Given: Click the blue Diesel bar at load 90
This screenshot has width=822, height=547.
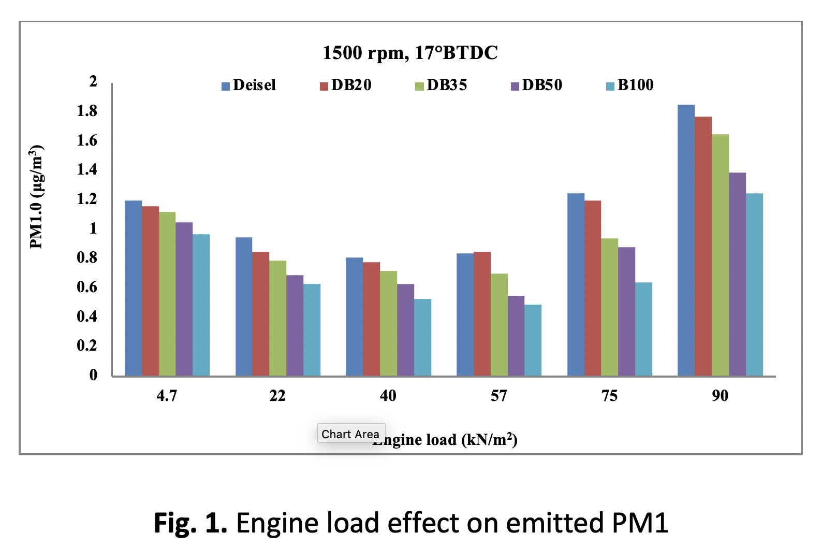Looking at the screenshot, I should point(686,240).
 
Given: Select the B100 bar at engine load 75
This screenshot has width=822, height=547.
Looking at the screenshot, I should point(643,329).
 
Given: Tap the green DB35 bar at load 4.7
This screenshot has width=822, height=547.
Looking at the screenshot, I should point(167,294).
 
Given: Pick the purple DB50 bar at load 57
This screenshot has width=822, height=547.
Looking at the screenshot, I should point(516,336).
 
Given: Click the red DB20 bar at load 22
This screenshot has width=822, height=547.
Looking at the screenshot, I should point(260,313).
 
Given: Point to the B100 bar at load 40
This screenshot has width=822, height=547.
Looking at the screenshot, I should point(422,337).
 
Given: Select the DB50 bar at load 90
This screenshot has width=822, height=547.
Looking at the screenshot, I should point(737,274).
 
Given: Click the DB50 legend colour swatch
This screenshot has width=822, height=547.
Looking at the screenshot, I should point(515,86).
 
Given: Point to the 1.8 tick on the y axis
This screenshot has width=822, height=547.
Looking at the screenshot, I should point(87,111).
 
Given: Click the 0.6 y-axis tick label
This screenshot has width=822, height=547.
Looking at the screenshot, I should point(87,287).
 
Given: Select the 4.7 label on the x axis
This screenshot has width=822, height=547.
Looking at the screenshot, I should point(167,396).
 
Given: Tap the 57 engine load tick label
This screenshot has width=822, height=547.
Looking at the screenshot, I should point(498,396).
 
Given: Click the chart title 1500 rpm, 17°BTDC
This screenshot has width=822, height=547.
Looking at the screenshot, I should point(410,53).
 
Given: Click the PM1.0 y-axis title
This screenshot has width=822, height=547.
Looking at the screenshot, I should point(37,197).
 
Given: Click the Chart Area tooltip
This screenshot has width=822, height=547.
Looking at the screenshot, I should point(350,434).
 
